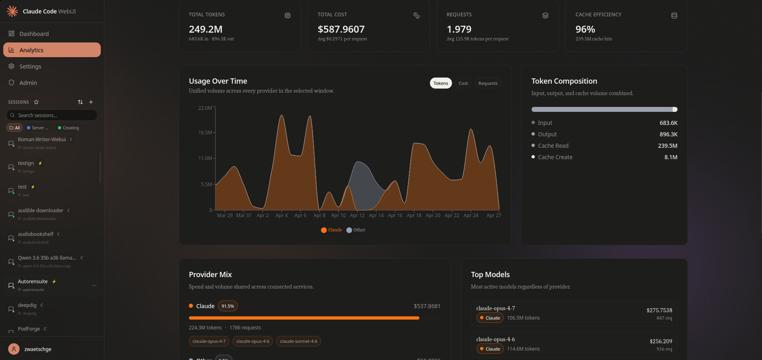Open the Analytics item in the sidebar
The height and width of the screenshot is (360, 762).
[52, 50]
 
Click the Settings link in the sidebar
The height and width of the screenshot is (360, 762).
[30, 67]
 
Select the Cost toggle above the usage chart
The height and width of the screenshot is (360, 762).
[463, 83]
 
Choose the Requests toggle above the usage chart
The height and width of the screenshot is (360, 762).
[488, 83]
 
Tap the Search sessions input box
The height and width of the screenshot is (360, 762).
[52, 115]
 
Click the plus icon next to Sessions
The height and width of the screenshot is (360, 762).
[91, 102]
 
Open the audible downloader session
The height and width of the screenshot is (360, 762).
[41, 211]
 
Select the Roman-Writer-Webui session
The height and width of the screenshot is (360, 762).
[42, 140]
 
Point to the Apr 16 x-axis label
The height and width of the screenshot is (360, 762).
[395, 216]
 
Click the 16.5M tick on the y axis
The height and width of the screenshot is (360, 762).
[205, 133]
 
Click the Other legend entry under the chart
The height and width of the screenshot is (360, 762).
[356, 230]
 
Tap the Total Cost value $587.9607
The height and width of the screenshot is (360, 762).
[341, 29]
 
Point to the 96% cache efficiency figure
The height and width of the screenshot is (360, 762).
[585, 29]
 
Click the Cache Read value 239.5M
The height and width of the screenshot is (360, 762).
[667, 146]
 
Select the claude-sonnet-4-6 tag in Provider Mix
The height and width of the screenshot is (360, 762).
[298, 341]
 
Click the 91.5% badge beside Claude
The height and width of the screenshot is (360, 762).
[228, 306]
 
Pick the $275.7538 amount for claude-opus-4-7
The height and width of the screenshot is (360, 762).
[659, 310]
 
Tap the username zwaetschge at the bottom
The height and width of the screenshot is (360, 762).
[38, 349]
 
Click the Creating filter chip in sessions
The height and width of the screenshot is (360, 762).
[69, 128]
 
